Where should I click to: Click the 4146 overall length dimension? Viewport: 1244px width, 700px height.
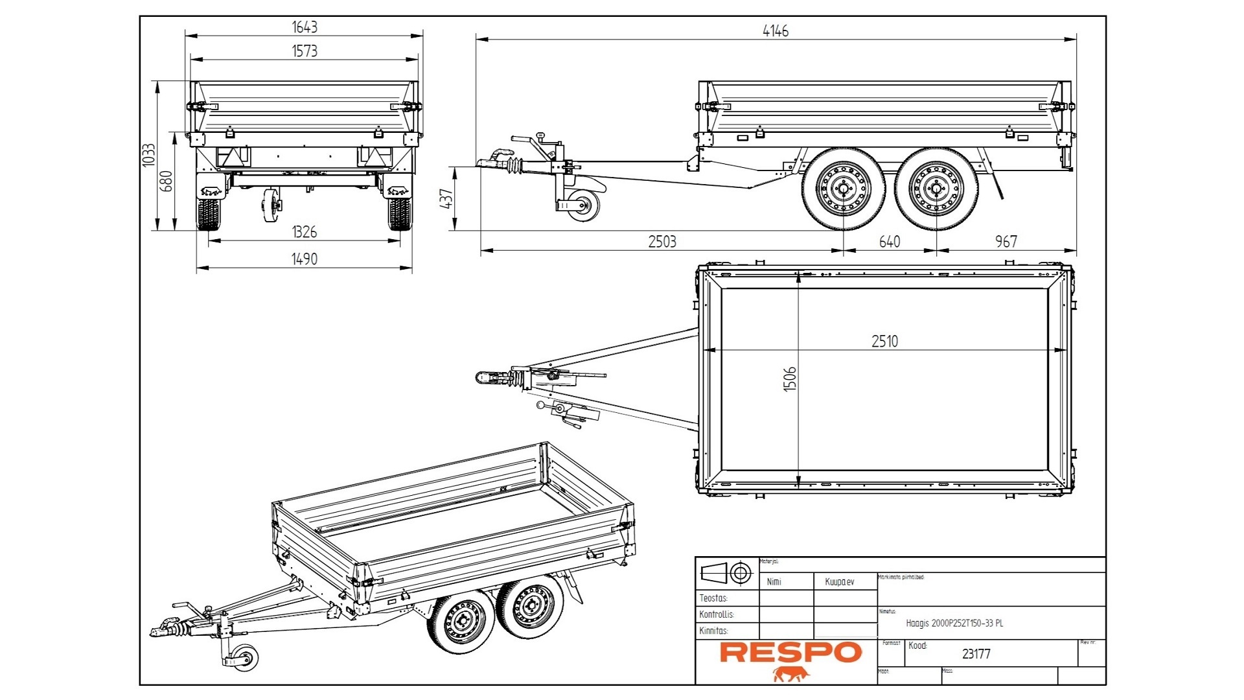775,30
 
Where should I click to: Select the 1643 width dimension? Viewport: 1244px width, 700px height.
304,27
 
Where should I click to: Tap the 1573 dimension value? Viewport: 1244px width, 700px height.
304,51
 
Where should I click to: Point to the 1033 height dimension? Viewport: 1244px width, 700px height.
149,156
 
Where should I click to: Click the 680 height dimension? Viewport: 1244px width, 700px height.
167,181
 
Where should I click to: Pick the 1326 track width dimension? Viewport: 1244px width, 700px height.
304,231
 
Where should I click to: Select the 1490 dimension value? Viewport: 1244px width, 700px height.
304,259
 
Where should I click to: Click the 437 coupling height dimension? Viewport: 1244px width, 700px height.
446,198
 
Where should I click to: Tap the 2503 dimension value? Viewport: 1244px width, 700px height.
662,242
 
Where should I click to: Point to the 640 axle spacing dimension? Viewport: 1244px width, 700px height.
889,242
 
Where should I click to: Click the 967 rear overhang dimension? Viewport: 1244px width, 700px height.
1006,242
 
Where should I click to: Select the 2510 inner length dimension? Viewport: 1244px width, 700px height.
884,341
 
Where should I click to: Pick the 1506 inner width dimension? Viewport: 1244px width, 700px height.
789,379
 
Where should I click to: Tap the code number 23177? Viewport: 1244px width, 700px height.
976,654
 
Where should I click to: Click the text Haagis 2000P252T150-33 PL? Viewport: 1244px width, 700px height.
954,623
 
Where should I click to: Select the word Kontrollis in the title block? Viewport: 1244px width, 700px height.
716,614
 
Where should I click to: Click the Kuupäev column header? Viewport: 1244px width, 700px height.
839,581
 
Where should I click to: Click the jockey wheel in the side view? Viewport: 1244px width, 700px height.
584,205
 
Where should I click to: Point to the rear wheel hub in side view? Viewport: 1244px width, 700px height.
936,189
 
